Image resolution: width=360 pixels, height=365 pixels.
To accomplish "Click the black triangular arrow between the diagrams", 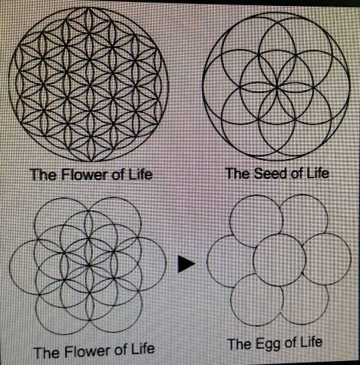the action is pos(186,264).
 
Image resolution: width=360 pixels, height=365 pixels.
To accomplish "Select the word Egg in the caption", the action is pos(268,344).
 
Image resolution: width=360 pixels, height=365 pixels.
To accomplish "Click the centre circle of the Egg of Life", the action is pos(279,261).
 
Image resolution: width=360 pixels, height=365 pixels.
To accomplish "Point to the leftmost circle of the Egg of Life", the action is pos(207,261).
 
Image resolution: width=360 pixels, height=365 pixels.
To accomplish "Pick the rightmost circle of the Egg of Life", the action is pos(351,259).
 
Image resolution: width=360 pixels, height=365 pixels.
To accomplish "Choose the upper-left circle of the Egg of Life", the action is pos(230,221).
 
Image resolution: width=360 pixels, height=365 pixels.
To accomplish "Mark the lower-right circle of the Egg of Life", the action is pos(328,299).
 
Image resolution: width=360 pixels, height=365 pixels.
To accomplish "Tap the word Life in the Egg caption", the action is pos(310,342).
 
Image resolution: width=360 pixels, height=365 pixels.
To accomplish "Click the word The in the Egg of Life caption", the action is pos(240,344).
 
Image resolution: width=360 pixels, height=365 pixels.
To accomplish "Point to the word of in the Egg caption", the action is pos(290,343).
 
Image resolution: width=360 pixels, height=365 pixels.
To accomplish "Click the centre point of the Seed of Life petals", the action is pos(277,88).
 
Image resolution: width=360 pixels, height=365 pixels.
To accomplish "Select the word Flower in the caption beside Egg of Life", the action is pos(88,351).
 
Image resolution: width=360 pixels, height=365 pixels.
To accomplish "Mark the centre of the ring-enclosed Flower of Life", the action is pos(88,84).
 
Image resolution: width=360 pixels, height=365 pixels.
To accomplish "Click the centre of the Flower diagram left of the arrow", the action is pos(88,265).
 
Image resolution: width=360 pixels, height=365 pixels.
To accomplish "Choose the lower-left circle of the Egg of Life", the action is pos(231,300).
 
